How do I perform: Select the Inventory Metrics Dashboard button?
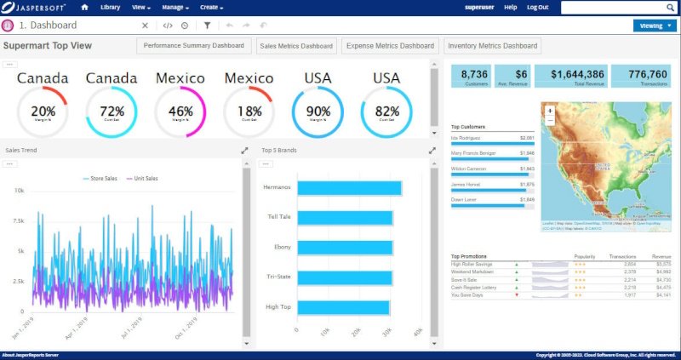tap(493, 46)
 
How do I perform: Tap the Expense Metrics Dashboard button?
tap(391, 46)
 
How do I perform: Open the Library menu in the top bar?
tap(110, 8)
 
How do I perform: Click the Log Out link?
tap(538, 8)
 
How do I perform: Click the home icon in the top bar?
tap(83, 8)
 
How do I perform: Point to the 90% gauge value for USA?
tap(318, 111)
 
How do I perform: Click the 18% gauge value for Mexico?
tap(249, 111)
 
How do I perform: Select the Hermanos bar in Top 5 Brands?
tap(348, 188)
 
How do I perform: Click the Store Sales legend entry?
tap(103, 179)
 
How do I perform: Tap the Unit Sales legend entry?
tap(145, 179)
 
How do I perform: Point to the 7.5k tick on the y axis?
tap(17, 221)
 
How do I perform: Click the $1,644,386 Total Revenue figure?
tap(577, 75)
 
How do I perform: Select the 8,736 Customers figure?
tap(473, 75)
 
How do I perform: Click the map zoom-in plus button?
tap(550, 111)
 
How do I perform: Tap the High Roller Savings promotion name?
tap(472, 265)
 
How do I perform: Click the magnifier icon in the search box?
tap(671, 8)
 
